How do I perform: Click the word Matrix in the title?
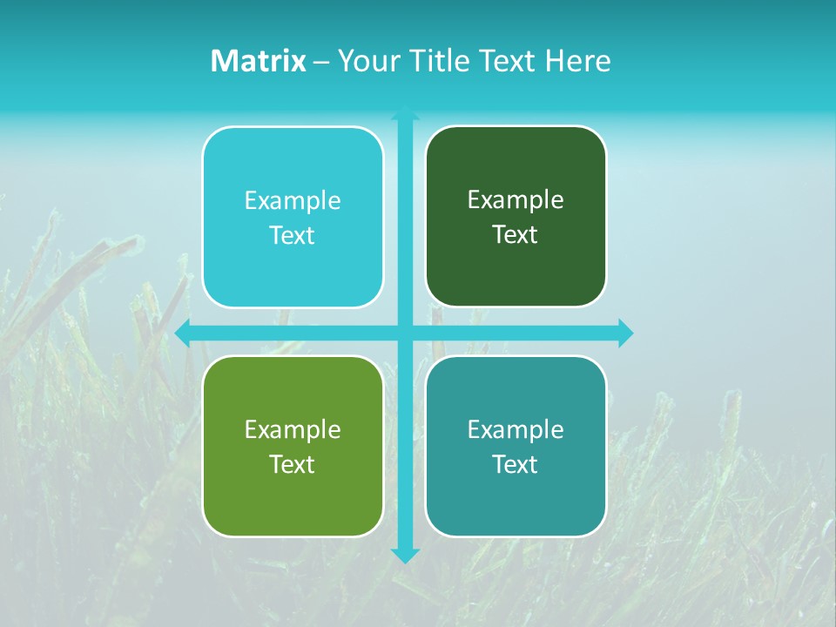259,61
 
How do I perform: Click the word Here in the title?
578,61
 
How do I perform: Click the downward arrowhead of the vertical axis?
405,555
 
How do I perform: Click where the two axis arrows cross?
405,333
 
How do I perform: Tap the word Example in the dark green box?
516,200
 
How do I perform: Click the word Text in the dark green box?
516,235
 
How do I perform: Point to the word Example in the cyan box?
293,201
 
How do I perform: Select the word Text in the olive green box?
293,464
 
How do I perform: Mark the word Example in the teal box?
516,429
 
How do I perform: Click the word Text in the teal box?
516,464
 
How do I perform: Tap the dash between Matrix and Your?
321,62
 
